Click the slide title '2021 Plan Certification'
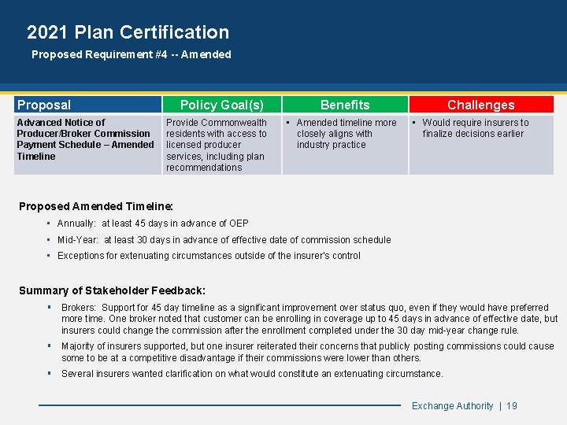(x=128, y=32)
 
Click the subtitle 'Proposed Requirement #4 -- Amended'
(x=131, y=54)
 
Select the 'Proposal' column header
(x=44, y=105)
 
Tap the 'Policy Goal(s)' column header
(x=221, y=105)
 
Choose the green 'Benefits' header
(x=345, y=105)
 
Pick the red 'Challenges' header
(x=480, y=105)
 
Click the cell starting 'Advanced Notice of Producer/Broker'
(x=85, y=139)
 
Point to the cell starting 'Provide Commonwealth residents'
(x=217, y=145)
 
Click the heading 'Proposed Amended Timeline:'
(x=96, y=206)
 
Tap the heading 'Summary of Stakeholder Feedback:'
(x=112, y=290)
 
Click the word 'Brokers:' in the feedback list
(x=80, y=308)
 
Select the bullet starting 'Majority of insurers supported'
(x=307, y=351)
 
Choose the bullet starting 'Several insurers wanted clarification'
(x=252, y=374)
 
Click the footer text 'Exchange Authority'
(x=452, y=406)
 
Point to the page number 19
(x=512, y=406)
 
